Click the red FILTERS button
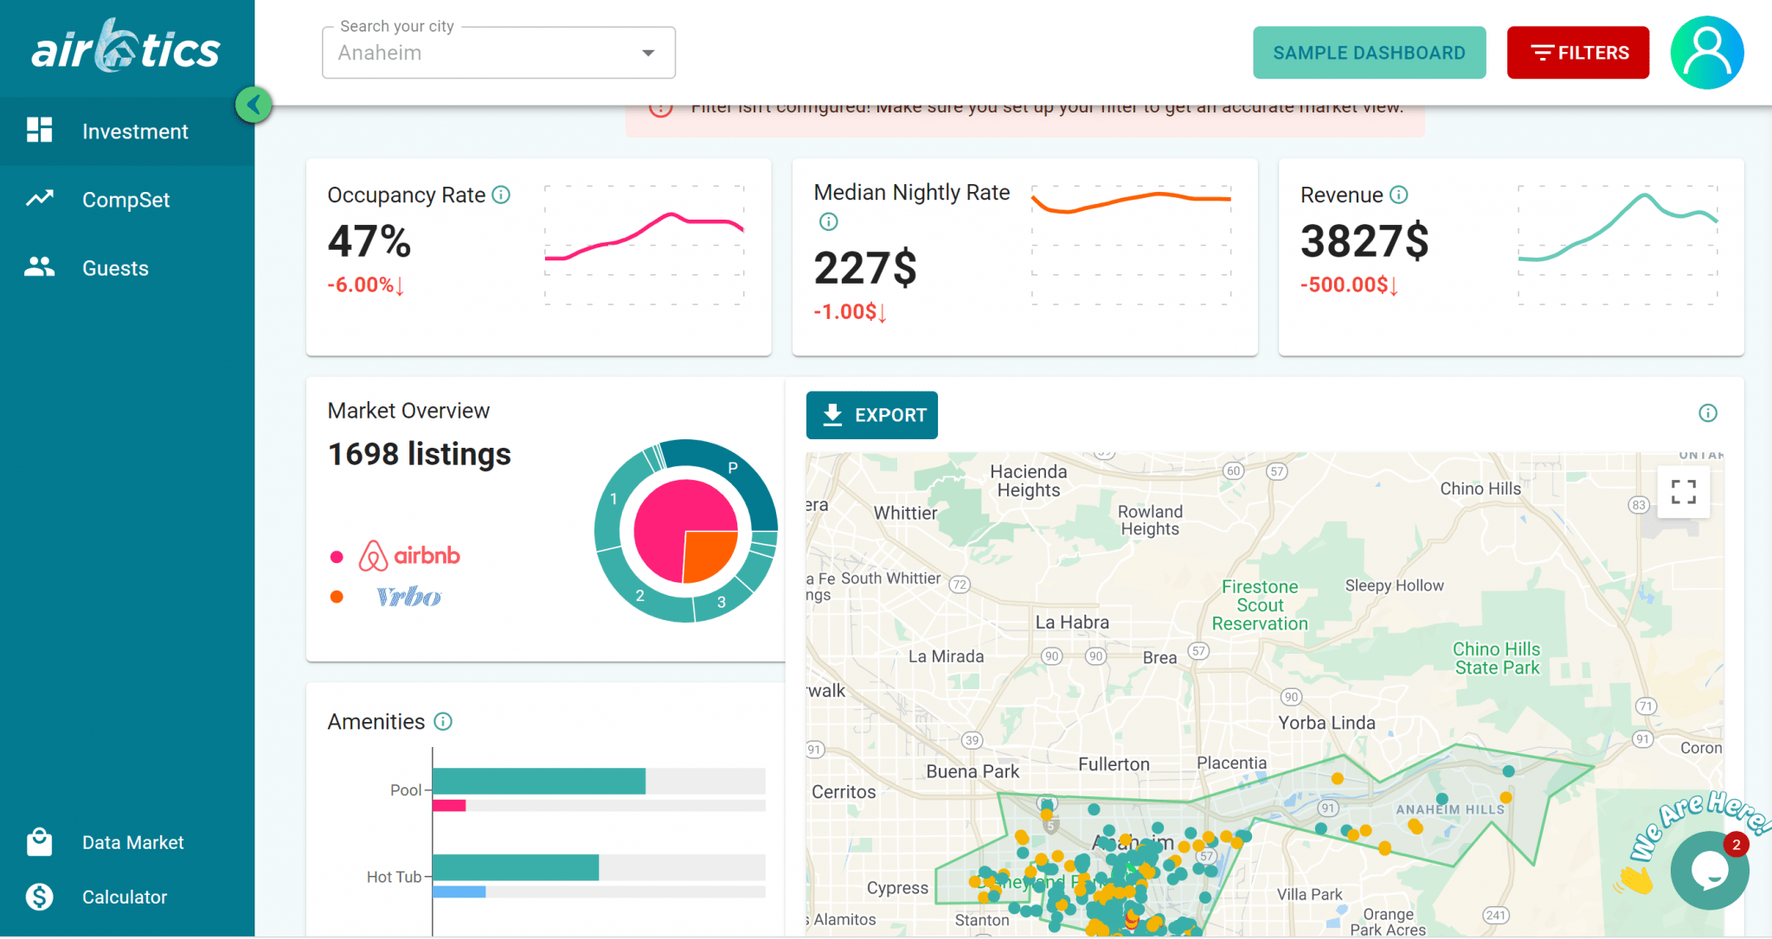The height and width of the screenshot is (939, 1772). click(1577, 53)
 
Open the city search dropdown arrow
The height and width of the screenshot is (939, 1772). click(648, 54)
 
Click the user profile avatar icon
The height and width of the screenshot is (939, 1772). click(1706, 53)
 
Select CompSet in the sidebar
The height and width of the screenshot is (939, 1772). click(125, 200)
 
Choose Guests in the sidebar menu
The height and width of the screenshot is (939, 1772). click(115, 268)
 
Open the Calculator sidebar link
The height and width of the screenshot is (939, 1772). click(124, 897)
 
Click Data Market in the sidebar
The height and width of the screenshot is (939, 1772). click(132, 842)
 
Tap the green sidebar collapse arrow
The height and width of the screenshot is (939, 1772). click(254, 105)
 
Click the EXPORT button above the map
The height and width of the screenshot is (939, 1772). click(871, 415)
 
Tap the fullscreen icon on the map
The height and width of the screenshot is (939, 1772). click(1683, 492)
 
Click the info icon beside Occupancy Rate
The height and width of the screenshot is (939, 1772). click(501, 195)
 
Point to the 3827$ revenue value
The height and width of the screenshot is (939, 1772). click(1364, 241)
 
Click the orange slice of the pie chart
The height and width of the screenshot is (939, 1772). click(709, 554)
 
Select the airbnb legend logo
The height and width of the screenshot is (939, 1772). click(409, 556)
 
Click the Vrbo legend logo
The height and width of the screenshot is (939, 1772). click(408, 597)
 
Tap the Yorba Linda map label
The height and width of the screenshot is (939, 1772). click(1326, 723)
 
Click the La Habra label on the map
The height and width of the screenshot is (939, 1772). click(1072, 623)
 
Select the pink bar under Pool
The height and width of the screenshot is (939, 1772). click(449, 806)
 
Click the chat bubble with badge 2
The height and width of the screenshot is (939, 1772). click(1709, 871)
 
